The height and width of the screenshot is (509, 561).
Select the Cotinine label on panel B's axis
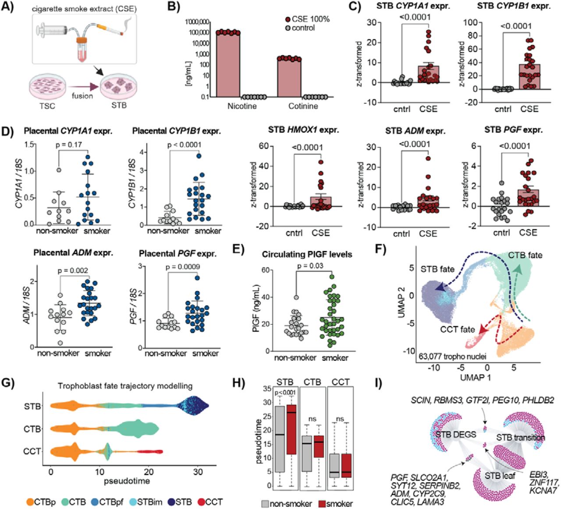pyautogui.click(x=303, y=106)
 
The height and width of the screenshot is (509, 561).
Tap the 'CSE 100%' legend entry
pyautogui.click(x=307, y=19)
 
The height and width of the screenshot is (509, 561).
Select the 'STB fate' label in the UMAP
pyautogui.click(x=437, y=269)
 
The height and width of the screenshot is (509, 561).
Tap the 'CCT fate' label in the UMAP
pyautogui.click(x=458, y=329)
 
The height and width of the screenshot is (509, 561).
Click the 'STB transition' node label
pyautogui.click(x=521, y=438)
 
